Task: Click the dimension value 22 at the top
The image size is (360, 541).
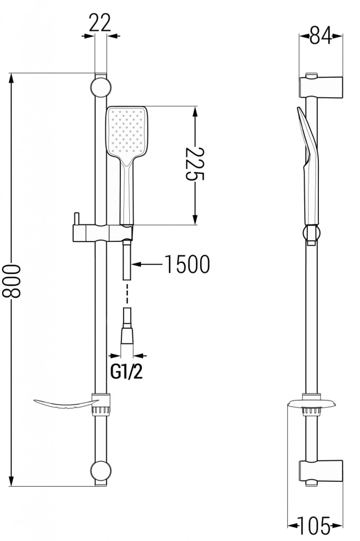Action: [x=100, y=23]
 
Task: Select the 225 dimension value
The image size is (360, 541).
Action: [x=195, y=165]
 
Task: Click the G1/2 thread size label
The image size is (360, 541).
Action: [x=126, y=372]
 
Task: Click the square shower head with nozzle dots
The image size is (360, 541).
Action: [x=127, y=132]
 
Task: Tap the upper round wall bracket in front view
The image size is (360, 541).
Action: [x=100, y=87]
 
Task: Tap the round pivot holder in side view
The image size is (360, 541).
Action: [x=311, y=233]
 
